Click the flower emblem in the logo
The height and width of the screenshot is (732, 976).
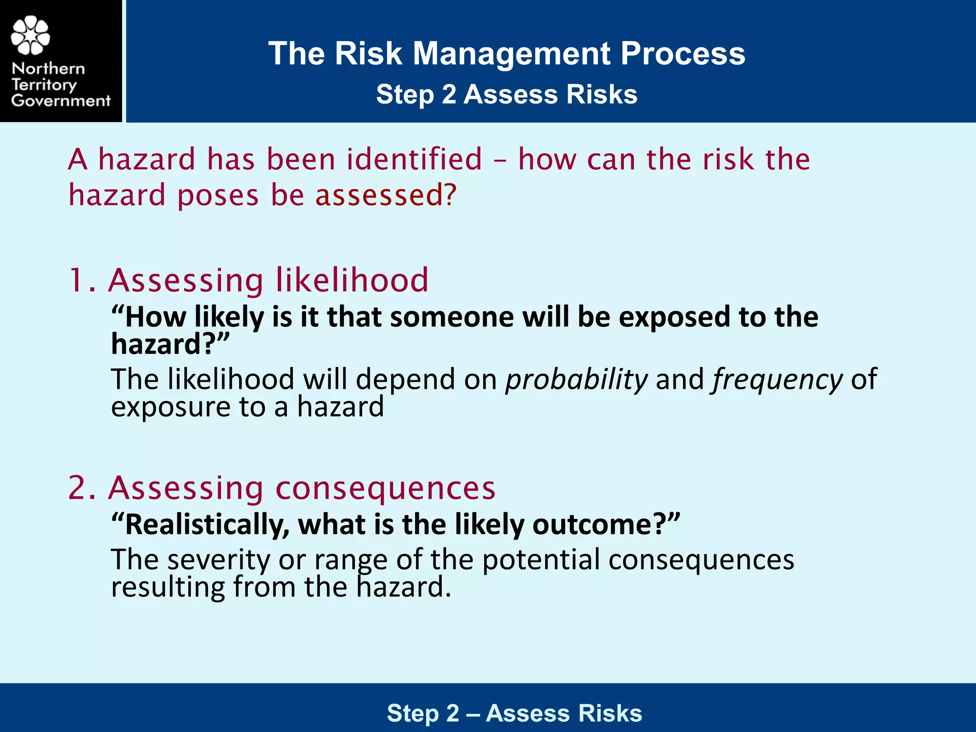[30, 35]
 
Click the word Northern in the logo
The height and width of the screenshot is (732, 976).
[48, 69]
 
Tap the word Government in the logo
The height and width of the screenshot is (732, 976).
[61, 101]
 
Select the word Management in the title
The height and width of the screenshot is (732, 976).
[511, 53]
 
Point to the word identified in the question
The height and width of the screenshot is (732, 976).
[414, 159]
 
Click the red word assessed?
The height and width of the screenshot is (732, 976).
[386, 195]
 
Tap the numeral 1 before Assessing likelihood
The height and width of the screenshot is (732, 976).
[77, 280]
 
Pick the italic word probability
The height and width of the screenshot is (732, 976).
[576, 380]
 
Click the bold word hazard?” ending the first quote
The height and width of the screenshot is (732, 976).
[170, 344]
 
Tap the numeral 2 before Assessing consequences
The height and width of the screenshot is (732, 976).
[78, 488]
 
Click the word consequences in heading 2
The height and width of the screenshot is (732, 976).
[386, 489]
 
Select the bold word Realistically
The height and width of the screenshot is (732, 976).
[207, 525]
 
